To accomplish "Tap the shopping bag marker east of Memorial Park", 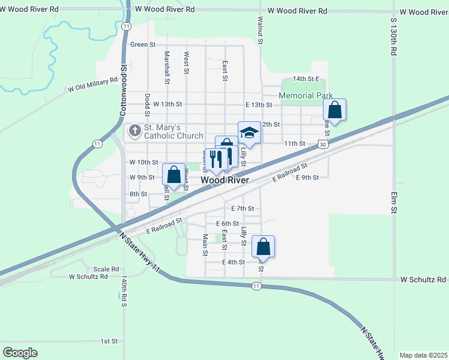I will pos(335,110).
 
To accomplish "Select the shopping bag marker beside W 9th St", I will pos(174,175).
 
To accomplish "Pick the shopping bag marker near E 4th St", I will pos(263,247).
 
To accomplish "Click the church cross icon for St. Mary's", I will pos(135,130).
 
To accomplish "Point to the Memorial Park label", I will pos(306,95).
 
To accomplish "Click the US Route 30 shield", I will pos(324,145).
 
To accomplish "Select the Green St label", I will pos(143,44).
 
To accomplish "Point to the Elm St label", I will pos(394,203).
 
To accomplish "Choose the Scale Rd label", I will pos(106,269).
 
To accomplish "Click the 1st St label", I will pos(109,341).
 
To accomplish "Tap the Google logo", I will pos(20,353).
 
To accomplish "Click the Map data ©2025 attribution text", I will pos(423,355).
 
